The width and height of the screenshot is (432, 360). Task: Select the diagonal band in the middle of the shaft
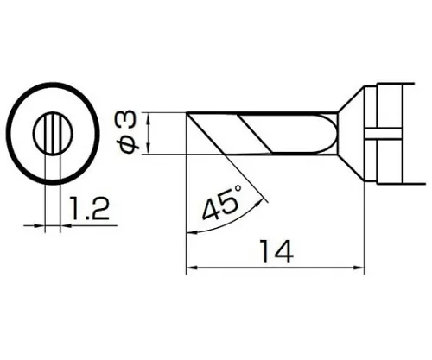coord(257,135)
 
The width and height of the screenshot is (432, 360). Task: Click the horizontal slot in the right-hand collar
coord(384,135)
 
